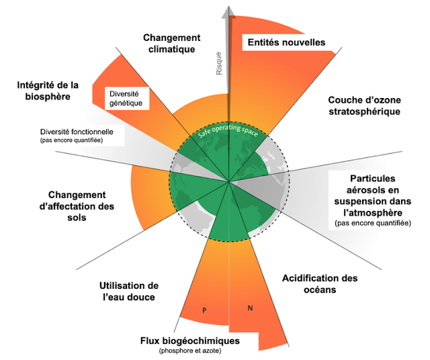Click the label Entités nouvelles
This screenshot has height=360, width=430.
pyautogui.click(x=285, y=42)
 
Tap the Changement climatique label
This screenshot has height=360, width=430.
pyautogui.click(x=171, y=42)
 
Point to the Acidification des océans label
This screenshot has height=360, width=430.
pyautogui.click(x=318, y=284)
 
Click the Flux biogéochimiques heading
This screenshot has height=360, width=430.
pyautogui.click(x=191, y=341)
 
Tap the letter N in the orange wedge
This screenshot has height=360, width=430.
pyautogui.click(x=250, y=308)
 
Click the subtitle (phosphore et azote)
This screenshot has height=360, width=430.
pyautogui.click(x=189, y=351)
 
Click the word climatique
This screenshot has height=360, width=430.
pyautogui.click(x=171, y=48)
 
